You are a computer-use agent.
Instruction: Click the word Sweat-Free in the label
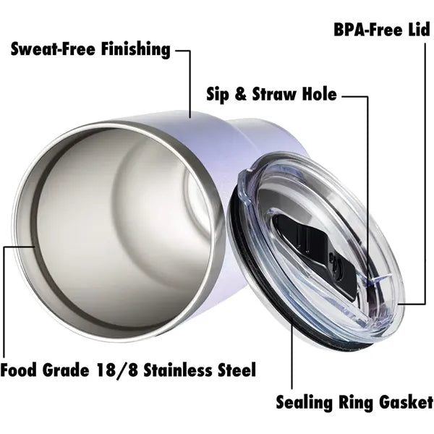coord(53,49)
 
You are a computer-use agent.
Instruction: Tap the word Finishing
coord(135,50)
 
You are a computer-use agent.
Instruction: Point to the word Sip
coord(218,95)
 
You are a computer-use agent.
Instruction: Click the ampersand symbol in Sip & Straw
coord(241,94)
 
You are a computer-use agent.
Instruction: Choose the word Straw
coord(274,94)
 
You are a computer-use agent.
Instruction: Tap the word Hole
coord(319,94)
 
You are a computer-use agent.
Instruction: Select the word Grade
coord(66,370)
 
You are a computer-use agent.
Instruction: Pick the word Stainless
coord(177,370)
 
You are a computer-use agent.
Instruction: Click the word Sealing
coord(305,402)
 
